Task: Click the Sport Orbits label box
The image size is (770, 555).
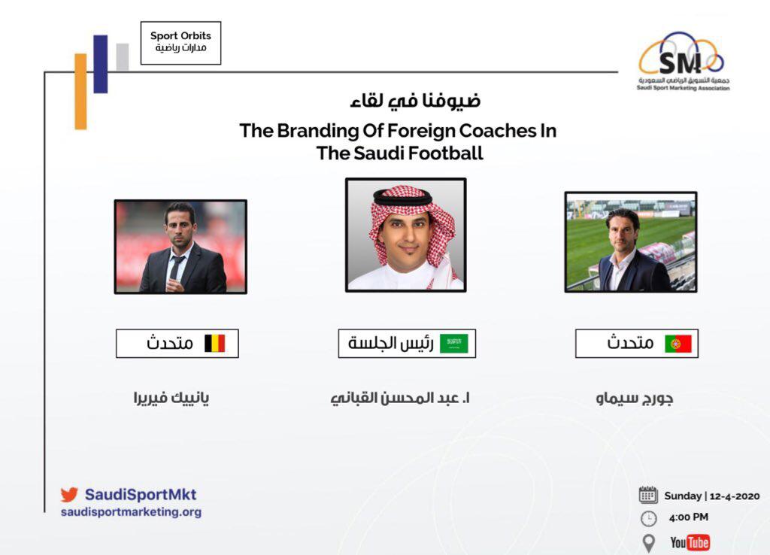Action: pyautogui.click(x=180, y=43)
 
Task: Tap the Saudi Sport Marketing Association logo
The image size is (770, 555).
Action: pyautogui.click(x=683, y=62)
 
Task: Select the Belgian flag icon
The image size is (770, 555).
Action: pyautogui.click(x=214, y=344)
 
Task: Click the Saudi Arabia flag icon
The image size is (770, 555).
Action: pyautogui.click(x=453, y=344)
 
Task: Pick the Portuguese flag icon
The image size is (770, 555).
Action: pyautogui.click(x=678, y=344)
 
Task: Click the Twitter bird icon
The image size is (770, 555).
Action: pyautogui.click(x=69, y=495)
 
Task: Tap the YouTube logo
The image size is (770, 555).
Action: pyautogui.click(x=690, y=542)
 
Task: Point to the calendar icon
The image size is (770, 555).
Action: pyautogui.click(x=648, y=495)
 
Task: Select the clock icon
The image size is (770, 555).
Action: pyautogui.click(x=649, y=519)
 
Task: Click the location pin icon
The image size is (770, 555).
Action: pyautogui.click(x=649, y=543)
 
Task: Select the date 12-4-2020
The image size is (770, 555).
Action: pyautogui.click(x=735, y=496)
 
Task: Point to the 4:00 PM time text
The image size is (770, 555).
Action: pyautogui.click(x=689, y=517)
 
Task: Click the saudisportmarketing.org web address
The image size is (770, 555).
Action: pyautogui.click(x=131, y=512)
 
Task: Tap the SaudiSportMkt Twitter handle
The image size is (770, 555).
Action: pyautogui.click(x=141, y=494)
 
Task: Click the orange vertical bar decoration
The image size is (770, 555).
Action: pyautogui.click(x=80, y=91)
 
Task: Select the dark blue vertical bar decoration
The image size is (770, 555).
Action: pyautogui.click(x=100, y=64)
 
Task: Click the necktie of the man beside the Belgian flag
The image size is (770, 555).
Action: pyautogui.click(x=174, y=268)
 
